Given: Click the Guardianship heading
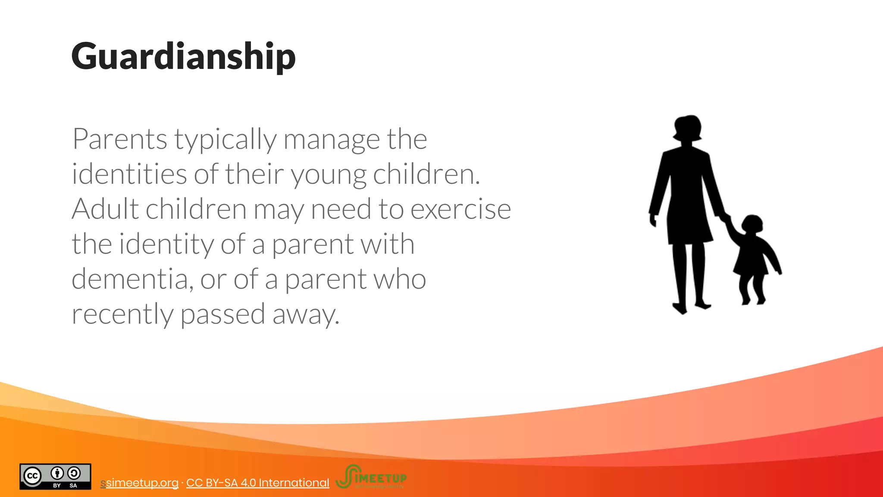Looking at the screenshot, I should click(x=183, y=56).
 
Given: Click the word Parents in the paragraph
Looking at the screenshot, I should click(x=119, y=139).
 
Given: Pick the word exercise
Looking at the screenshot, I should click(x=460, y=209).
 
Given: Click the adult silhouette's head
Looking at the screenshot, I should click(x=687, y=128).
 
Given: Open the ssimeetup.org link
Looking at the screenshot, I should click(x=140, y=483).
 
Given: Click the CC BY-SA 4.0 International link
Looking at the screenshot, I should click(x=257, y=483).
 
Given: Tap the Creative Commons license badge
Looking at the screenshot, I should click(x=55, y=477).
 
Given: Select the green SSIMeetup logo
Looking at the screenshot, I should click(x=371, y=477).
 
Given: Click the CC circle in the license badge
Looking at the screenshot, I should click(x=32, y=475).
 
